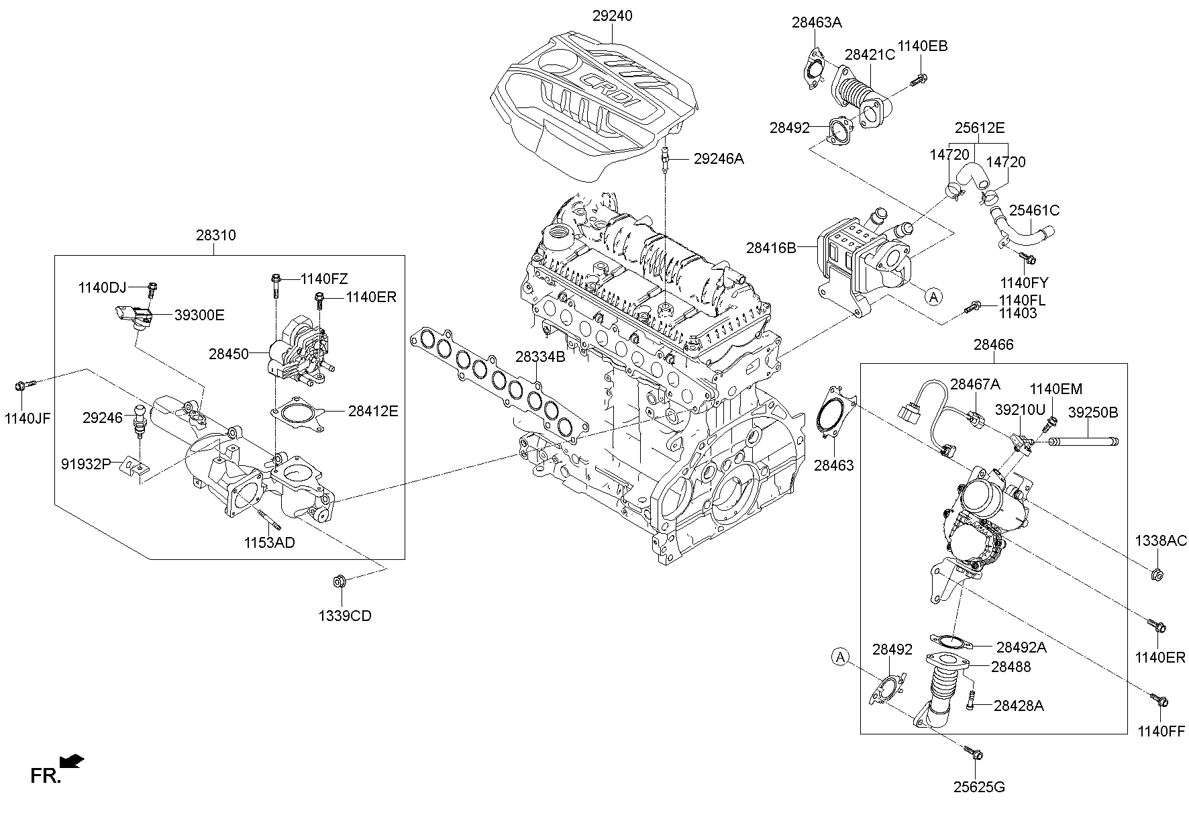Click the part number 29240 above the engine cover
pos(612,15)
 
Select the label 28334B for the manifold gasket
pos(540,357)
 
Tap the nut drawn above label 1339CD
pos(340,581)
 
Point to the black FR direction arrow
pos(72,761)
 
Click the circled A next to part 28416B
pos(933,296)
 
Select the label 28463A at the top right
pos(817,22)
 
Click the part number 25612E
pos(980,128)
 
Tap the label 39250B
pos(1093,412)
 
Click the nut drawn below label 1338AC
pos(1157,574)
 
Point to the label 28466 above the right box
pos(993,345)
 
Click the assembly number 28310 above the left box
pos(215,236)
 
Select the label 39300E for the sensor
pos(199,315)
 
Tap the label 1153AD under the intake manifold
pos(269,542)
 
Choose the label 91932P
pos(85,463)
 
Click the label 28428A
pos(1019,706)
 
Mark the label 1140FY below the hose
pos(1024,283)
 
